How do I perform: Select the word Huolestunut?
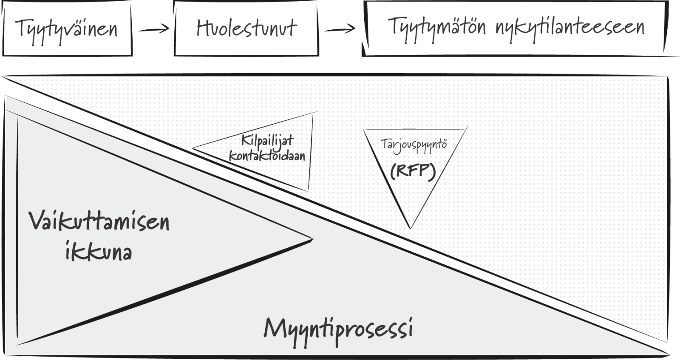pyautogui.click(x=246, y=28)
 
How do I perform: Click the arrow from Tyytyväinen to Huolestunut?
pyautogui.click(x=154, y=29)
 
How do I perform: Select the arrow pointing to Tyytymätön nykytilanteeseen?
pyautogui.click(x=340, y=29)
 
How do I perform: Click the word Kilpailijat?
pyautogui.click(x=267, y=140)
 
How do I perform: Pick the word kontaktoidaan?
pyautogui.click(x=267, y=156)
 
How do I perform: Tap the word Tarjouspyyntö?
pyautogui.click(x=414, y=145)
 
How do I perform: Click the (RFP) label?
pyautogui.click(x=413, y=172)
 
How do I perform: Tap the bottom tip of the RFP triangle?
pyautogui.click(x=411, y=228)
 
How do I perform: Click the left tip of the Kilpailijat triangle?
pyautogui.click(x=193, y=148)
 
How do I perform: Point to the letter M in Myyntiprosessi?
pyautogui.click(x=275, y=329)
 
